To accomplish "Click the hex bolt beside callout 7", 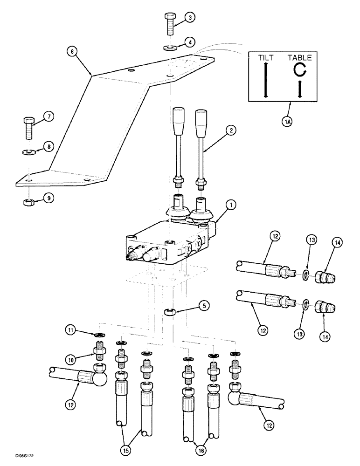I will tap(28, 125).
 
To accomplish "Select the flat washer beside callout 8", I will tap(28, 151).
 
